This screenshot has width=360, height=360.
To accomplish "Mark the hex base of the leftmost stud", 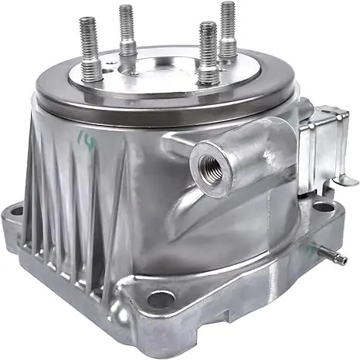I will tap(91, 72).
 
